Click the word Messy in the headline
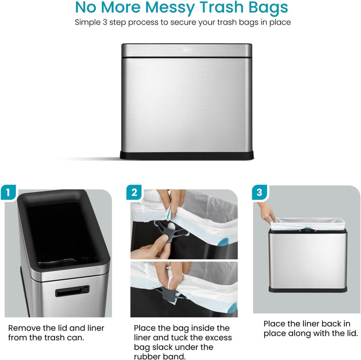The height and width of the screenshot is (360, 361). (171, 8)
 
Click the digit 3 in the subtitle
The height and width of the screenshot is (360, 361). (105, 22)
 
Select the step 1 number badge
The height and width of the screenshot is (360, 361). (8, 192)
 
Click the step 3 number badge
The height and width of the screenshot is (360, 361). (259, 192)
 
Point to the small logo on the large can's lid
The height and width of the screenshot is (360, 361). (187, 50)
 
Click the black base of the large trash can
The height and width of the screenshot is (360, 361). (187, 155)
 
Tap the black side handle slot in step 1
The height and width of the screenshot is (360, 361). (72, 291)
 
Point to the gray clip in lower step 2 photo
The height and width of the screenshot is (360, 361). (169, 295)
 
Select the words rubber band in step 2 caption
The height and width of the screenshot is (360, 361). (160, 356)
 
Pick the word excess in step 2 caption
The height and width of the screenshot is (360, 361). (218, 337)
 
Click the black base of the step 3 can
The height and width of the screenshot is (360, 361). (308, 290)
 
